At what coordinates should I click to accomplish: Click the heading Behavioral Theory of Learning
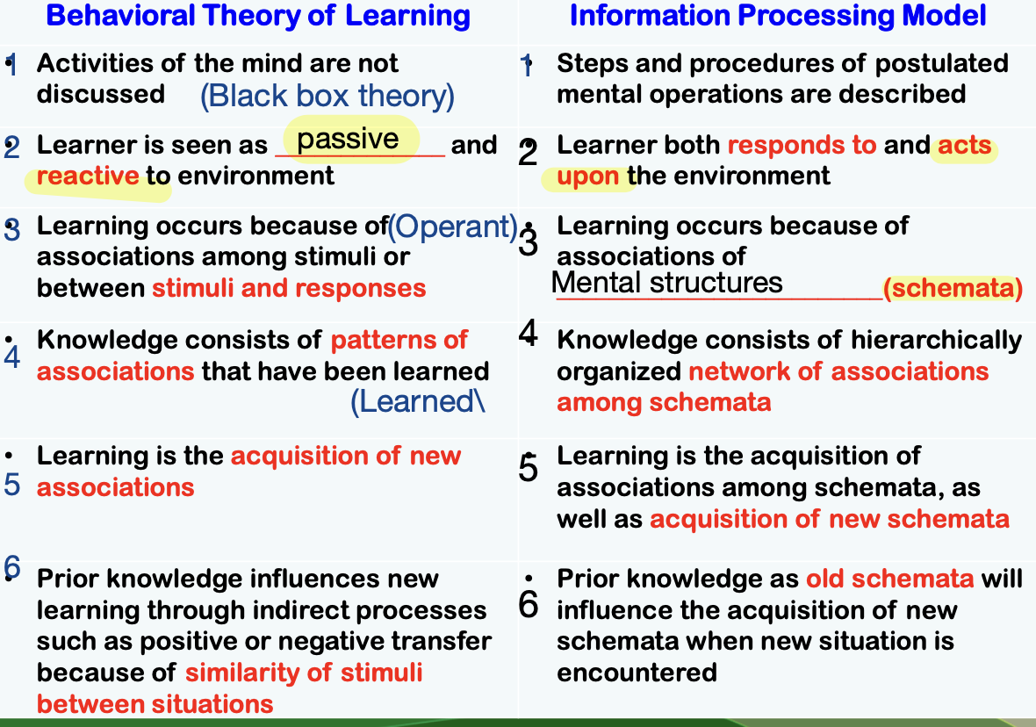point(257,17)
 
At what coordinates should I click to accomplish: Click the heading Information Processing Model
point(778,16)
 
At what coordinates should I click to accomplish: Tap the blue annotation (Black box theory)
point(327,97)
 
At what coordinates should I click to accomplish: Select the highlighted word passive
point(348,140)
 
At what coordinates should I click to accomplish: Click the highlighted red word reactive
point(88,176)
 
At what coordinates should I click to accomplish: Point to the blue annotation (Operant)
point(453,227)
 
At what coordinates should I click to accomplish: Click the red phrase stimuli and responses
point(289,288)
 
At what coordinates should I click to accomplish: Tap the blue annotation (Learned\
point(418,402)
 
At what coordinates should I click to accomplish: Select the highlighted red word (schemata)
point(953,288)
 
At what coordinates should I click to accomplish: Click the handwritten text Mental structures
point(666,283)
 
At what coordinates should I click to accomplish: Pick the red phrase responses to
point(802,146)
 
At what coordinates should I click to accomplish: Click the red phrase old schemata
point(890,579)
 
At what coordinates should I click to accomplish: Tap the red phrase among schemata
point(664,402)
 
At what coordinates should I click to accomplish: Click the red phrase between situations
point(155,704)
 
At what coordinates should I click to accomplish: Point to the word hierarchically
point(936,341)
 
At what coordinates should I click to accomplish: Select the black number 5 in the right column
point(528,468)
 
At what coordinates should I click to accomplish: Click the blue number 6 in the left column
point(12,567)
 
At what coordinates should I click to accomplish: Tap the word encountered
point(637,673)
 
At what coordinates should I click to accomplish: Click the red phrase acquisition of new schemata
point(830,520)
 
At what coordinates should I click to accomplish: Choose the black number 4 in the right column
point(528,333)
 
